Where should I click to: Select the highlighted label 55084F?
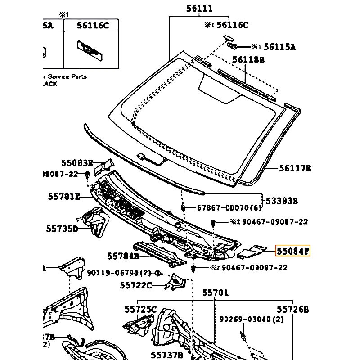point(293,251)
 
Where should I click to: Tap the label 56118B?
point(248,59)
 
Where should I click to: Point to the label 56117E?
point(295,169)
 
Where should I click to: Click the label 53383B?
point(282,201)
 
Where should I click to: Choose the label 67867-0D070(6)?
point(229,208)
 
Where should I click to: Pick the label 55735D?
point(62,229)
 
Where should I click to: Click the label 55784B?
point(123,256)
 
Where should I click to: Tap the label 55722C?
point(136,285)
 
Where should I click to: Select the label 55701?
point(215,293)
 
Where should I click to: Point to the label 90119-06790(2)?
point(119,273)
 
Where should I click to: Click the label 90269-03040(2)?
point(252,319)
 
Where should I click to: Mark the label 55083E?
point(77,163)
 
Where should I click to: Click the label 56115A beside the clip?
point(279,47)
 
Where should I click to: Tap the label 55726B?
point(293,309)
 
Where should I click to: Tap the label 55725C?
point(140,309)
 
